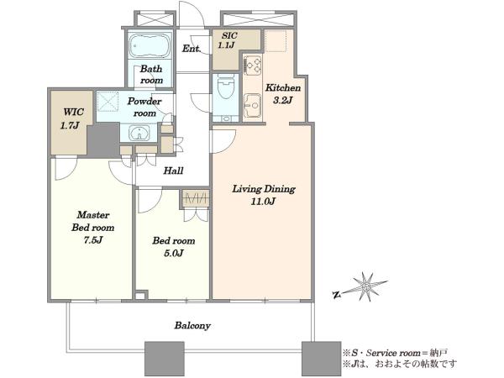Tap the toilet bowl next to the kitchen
[226, 87]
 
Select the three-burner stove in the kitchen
[252, 66]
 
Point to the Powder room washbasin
[139, 133]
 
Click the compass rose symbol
[365, 286]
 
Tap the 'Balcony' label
[192, 326]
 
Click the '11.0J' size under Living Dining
[263, 202]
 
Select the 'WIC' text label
[73, 113]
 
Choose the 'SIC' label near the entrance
[229, 35]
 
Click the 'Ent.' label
[192, 49]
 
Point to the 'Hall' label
[173, 171]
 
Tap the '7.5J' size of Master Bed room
[93, 240]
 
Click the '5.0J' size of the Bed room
[174, 254]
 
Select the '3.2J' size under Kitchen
[282, 101]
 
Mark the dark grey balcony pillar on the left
[165, 359]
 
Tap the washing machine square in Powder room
[108, 101]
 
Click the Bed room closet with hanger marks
[196, 198]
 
